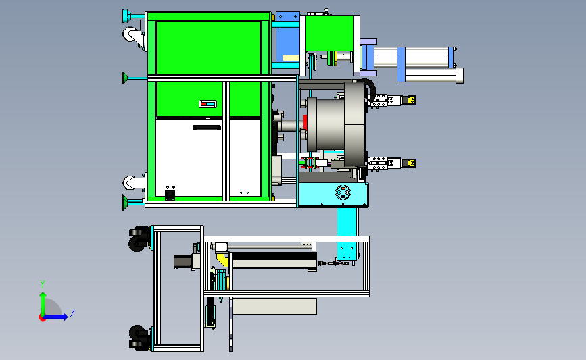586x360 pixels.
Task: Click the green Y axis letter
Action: [43, 284]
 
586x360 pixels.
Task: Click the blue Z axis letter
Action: [72, 313]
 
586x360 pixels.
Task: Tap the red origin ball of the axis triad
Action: [42, 318]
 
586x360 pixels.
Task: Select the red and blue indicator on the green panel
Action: [207, 104]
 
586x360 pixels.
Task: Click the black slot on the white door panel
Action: [207, 128]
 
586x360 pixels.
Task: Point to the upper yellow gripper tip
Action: [412, 100]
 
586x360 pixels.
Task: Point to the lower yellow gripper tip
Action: [412, 163]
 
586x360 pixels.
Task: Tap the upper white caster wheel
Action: [130, 34]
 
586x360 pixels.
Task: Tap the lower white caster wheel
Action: [130, 182]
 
